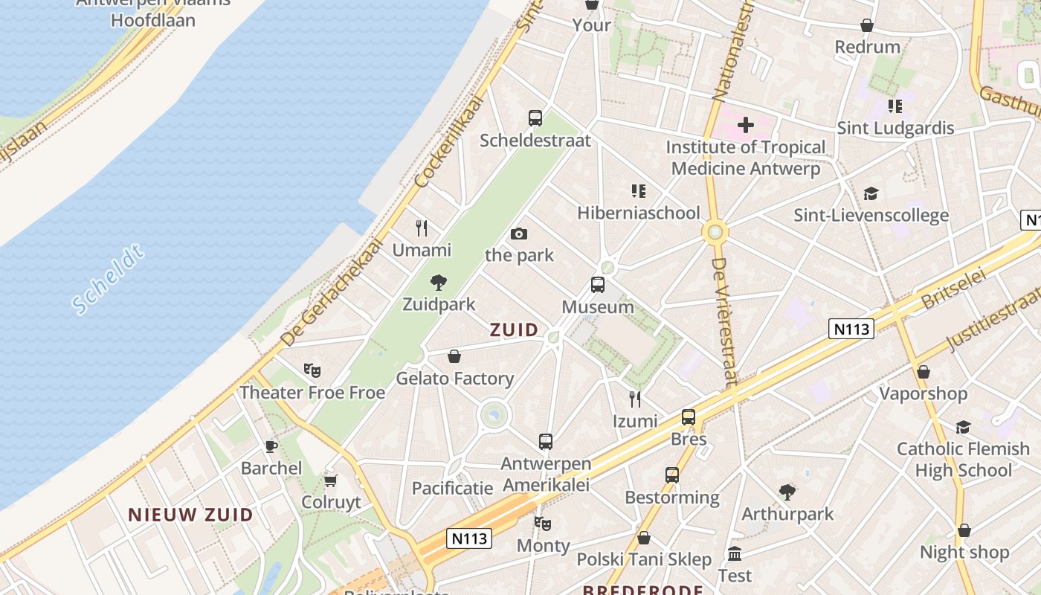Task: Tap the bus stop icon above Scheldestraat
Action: coord(535,118)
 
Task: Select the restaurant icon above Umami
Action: coord(422,228)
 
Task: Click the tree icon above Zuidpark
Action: coord(439,283)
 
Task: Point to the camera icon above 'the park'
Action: coord(519,234)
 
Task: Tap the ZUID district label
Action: coord(515,330)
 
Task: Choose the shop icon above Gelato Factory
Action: coord(454,356)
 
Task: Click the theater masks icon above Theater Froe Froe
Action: coord(312,370)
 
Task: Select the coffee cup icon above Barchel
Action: coord(271,446)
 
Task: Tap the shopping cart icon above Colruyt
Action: coord(331,480)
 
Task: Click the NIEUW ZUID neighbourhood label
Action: coord(190,515)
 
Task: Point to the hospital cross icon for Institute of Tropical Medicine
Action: coord(746,125)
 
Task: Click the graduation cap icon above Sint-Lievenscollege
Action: coord(871,194)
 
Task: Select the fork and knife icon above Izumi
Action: coord(635,399)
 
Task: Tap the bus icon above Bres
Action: coord(689,417)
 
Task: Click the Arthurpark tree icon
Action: coord(787,492)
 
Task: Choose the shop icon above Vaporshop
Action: coord(924,372)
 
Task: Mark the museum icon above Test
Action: coord(735,554)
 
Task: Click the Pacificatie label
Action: coord(453,489)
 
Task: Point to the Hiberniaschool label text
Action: coord(639,213)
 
